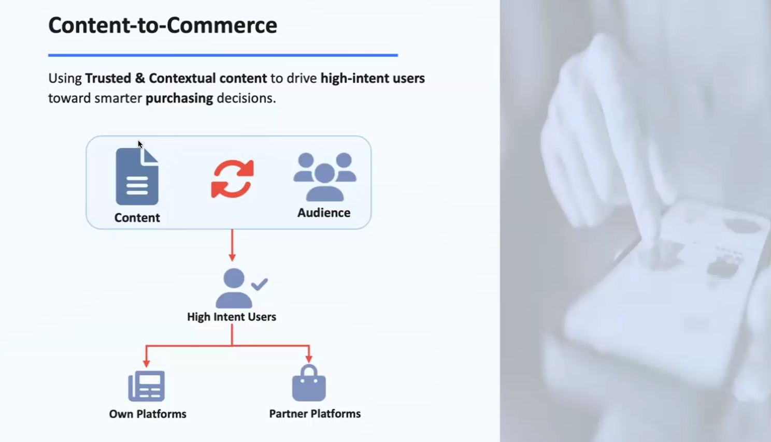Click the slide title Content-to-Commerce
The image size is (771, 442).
click(163, 25)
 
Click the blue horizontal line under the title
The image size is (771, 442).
click(223, 55)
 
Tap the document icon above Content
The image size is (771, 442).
click(137, 176)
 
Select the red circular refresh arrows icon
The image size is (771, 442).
click(232, 179)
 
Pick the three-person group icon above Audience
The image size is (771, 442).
click(324, 176)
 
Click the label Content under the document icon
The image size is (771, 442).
click(137, 218)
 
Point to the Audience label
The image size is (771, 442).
click(324, 213)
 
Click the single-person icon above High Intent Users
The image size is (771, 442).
click(234, 288)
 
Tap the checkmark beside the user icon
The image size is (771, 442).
click(259, 284)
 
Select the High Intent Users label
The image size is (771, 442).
click(232, 317)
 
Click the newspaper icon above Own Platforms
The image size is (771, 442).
click(147, 386)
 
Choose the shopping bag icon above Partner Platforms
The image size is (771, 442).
click(309, 384)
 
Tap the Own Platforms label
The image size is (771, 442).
click(148, 414)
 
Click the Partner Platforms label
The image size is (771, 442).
click(315, 414)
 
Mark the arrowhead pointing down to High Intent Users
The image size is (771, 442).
click(232, 257)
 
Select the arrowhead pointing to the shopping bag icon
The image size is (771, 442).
click(309, 358)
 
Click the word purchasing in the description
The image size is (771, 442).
click(179, 98)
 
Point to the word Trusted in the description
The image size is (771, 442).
click(108, 78)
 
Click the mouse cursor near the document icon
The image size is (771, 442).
click(140, 144)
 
